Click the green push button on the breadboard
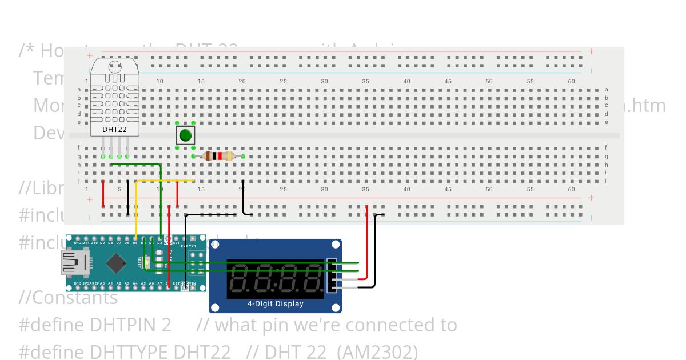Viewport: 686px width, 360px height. (185, 135)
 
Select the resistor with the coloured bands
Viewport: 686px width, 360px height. (218, 156)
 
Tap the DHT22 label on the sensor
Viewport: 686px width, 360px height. (114, 129)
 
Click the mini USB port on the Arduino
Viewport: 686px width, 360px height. (73, 264)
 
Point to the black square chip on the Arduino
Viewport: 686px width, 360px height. (117, 263)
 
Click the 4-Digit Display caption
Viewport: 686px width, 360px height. (275, 303)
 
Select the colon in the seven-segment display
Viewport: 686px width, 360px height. (276, 279)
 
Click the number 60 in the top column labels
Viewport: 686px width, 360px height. (571, 81)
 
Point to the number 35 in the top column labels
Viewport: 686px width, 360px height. (365, 81)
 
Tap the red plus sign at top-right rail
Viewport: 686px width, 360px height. (591, 51)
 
